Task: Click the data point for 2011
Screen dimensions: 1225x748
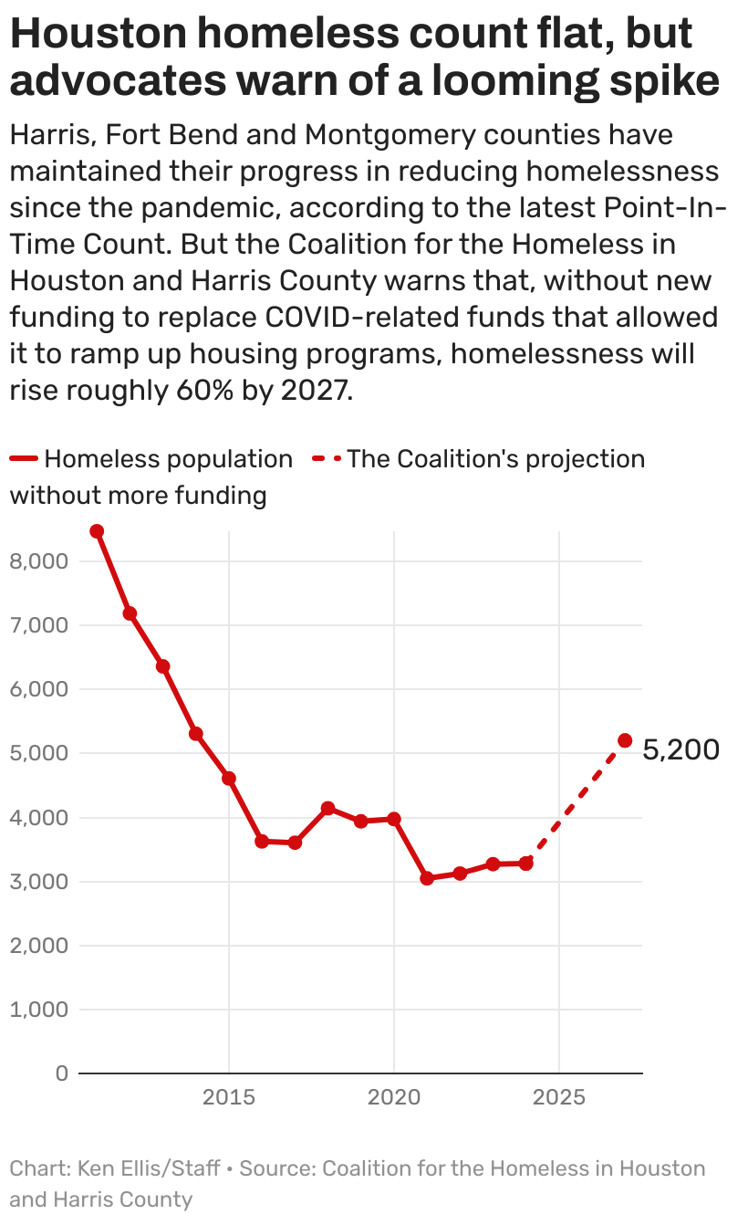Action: tap(97, 531)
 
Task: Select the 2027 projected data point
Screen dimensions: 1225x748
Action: tap(625, 740)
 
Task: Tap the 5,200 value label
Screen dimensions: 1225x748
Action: tap(680, 750)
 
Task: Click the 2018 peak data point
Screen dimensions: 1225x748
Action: tap(327, 808)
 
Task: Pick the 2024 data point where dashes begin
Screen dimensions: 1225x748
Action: tap(525, 863)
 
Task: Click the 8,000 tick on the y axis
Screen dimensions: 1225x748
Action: tap(38, 561)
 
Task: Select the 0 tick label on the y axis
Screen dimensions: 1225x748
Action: tap(61, 1073)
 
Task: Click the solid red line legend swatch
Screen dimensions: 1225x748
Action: tap(25, 459)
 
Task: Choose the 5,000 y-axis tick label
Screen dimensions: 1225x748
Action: tap(38, 754)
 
